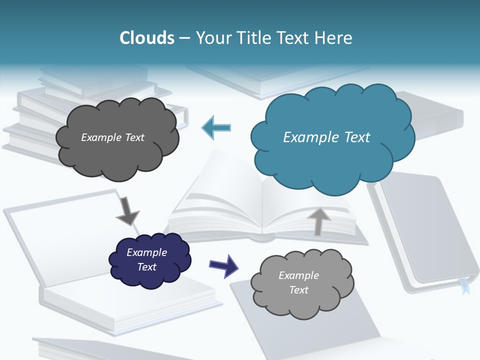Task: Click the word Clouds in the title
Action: tap(147, 38)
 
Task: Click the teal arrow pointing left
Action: tap(216, 128)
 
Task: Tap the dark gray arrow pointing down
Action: tap(127, 211)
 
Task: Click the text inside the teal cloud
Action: tap(326, 137)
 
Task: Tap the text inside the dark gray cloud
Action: tap(112, 137)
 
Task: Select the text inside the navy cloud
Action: tap(146, 259)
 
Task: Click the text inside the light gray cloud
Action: tap(298, 282)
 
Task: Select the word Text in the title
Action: tap(294, 38)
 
